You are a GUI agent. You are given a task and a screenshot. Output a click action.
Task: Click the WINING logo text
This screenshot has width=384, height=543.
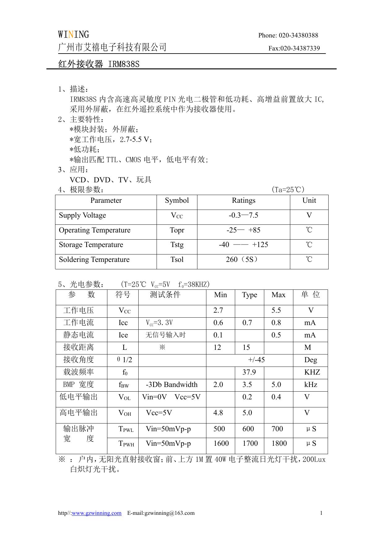(73, 34)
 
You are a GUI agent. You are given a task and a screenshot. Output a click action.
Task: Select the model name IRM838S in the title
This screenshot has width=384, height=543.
(124, 64)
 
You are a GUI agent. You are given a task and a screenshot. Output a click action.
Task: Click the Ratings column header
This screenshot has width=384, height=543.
(244, 201)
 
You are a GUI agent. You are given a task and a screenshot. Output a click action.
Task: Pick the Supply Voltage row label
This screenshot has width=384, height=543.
(82, 215)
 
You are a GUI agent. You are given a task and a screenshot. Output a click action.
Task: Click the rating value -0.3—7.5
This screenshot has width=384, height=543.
(244, 215)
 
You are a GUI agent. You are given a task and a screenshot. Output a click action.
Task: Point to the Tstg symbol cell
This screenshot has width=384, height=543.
(177, 245)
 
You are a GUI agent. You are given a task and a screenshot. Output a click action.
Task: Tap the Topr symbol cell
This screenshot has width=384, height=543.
(177, 230)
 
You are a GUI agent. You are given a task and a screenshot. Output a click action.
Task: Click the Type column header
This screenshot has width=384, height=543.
(249, 295)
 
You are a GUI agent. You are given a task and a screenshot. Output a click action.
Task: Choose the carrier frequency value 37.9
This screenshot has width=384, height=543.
(249, 372)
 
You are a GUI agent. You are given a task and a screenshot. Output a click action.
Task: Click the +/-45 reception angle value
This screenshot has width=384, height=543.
(256, 360)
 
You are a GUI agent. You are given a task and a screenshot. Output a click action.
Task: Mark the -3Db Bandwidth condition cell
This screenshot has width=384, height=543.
(172, 384)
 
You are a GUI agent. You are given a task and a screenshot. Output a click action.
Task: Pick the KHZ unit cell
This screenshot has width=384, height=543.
(312, 372)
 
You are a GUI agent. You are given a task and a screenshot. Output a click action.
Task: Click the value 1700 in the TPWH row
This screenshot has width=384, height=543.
(250, 444)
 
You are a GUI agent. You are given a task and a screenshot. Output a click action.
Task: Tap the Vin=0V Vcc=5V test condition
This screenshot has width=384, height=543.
(171, 397)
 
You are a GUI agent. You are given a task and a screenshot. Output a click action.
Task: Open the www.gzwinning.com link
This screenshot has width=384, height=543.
(97, 513)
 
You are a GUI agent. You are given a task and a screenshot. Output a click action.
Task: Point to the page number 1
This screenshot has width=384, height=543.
(321, 513)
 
